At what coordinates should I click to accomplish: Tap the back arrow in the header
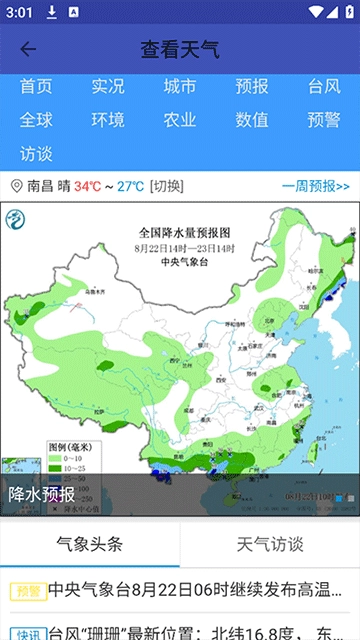28,49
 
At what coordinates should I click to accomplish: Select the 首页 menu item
36,87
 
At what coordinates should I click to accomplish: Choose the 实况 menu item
108,87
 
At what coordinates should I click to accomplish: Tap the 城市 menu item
180,87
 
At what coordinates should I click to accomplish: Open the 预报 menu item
252,87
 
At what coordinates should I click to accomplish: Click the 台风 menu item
324,87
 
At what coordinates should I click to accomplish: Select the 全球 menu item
36,120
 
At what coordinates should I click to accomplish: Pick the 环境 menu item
108,120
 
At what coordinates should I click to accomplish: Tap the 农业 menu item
180,120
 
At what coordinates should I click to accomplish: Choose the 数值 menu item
252,120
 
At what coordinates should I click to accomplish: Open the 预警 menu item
324,120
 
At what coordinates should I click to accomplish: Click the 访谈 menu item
36,154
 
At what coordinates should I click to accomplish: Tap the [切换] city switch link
167,186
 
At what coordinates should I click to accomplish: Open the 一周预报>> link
315,186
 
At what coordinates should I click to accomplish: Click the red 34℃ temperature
87,186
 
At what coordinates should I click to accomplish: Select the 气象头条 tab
90,544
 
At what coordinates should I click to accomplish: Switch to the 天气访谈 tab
270,544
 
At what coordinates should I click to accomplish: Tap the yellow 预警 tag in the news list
27,591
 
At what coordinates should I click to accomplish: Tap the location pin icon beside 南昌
16,186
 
